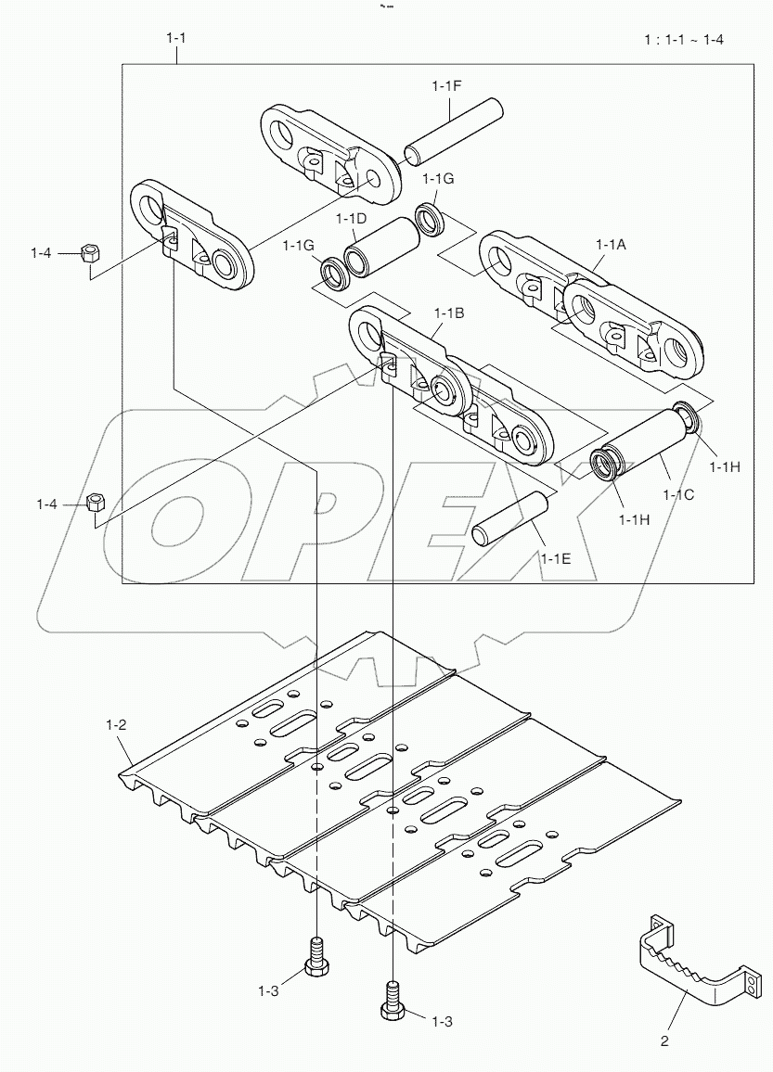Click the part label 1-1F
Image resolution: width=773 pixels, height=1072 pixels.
(446, 85)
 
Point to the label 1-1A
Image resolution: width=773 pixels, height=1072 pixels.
(611, 244)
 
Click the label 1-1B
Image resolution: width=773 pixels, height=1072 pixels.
(448, 313)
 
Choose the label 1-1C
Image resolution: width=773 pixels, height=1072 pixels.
(678, 495)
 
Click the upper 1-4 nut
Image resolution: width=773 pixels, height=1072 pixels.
(90, 252)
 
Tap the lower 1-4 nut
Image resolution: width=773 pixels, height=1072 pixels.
(95, 504)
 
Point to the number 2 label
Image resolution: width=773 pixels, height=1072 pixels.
(664, 1041)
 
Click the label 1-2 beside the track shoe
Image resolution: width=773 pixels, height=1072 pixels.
(116, 724)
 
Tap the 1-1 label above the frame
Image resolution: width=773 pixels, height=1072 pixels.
(175, 39)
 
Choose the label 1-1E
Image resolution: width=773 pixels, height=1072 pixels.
(556, 559)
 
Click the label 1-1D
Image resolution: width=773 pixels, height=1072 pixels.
(352, 218)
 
